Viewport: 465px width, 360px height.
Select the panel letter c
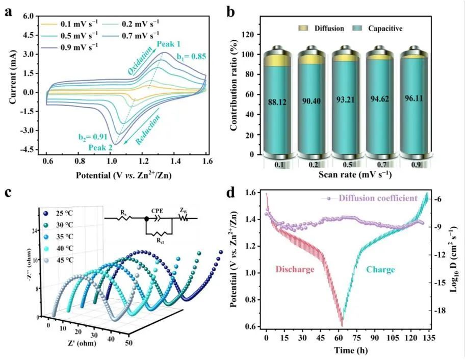(x=7, y=194)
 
